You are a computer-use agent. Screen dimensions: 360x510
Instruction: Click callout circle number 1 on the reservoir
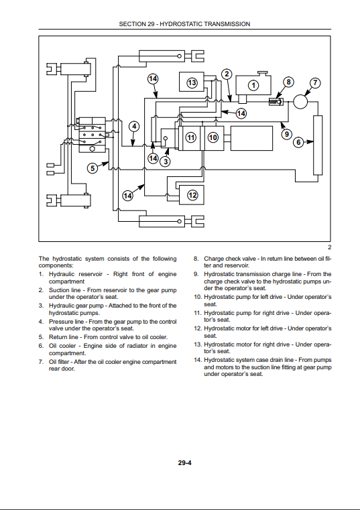click(253, 86)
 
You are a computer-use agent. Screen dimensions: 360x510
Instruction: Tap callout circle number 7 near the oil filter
click(315, 82)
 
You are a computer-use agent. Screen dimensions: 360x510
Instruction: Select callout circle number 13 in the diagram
click(192, 82)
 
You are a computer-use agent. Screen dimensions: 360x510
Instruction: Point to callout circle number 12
click(192, 195)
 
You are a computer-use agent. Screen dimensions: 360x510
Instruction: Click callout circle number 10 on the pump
click(213, 137)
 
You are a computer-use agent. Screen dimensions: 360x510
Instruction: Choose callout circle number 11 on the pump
click(191, 137)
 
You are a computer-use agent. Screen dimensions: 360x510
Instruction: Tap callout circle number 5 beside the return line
click(93, 168)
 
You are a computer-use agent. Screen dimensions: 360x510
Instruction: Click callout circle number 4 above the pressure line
click(134, 127)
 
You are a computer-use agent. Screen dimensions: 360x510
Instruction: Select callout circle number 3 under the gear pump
click(166, 162)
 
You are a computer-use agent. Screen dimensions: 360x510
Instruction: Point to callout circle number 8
click(288, 82)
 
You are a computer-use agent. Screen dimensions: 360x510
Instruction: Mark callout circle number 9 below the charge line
click(286, 134)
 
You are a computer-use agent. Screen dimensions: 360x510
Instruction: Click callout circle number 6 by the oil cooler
click(298, 142)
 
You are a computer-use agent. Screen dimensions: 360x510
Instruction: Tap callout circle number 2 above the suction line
click(227, 74)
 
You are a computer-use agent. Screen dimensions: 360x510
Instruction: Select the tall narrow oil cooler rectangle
click(318, 145)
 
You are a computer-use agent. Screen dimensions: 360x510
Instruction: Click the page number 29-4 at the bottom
click(184, 462)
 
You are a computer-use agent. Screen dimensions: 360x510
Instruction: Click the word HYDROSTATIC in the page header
click(181, 24)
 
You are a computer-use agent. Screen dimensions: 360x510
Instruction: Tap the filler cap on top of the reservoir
click(262, 73)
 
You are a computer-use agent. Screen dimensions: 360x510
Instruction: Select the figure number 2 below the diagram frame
click(329, 247)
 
